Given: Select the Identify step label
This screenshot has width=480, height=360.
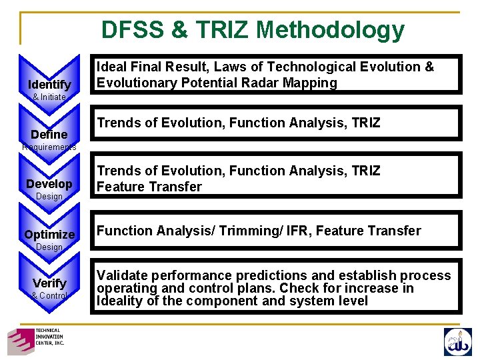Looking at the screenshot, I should (49, 85).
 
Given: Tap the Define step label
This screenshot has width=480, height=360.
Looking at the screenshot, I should (49, 135).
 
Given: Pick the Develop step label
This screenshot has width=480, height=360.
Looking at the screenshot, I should (49, 184).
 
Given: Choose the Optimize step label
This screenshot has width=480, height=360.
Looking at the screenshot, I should (49, 235).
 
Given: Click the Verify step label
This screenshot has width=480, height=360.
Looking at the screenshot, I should (49, 283).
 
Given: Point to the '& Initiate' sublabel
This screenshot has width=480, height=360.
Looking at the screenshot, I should (49, 97).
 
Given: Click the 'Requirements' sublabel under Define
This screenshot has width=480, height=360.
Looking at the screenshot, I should (49, 147).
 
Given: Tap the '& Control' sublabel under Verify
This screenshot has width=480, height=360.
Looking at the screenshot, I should (49, 295).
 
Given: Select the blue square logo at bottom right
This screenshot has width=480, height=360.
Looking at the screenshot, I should (457, 341).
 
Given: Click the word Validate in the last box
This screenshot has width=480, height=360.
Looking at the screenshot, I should (121, 276).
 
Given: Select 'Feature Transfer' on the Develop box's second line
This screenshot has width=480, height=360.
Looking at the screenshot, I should (149, 187).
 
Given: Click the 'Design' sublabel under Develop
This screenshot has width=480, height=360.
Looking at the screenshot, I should (49, 197).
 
